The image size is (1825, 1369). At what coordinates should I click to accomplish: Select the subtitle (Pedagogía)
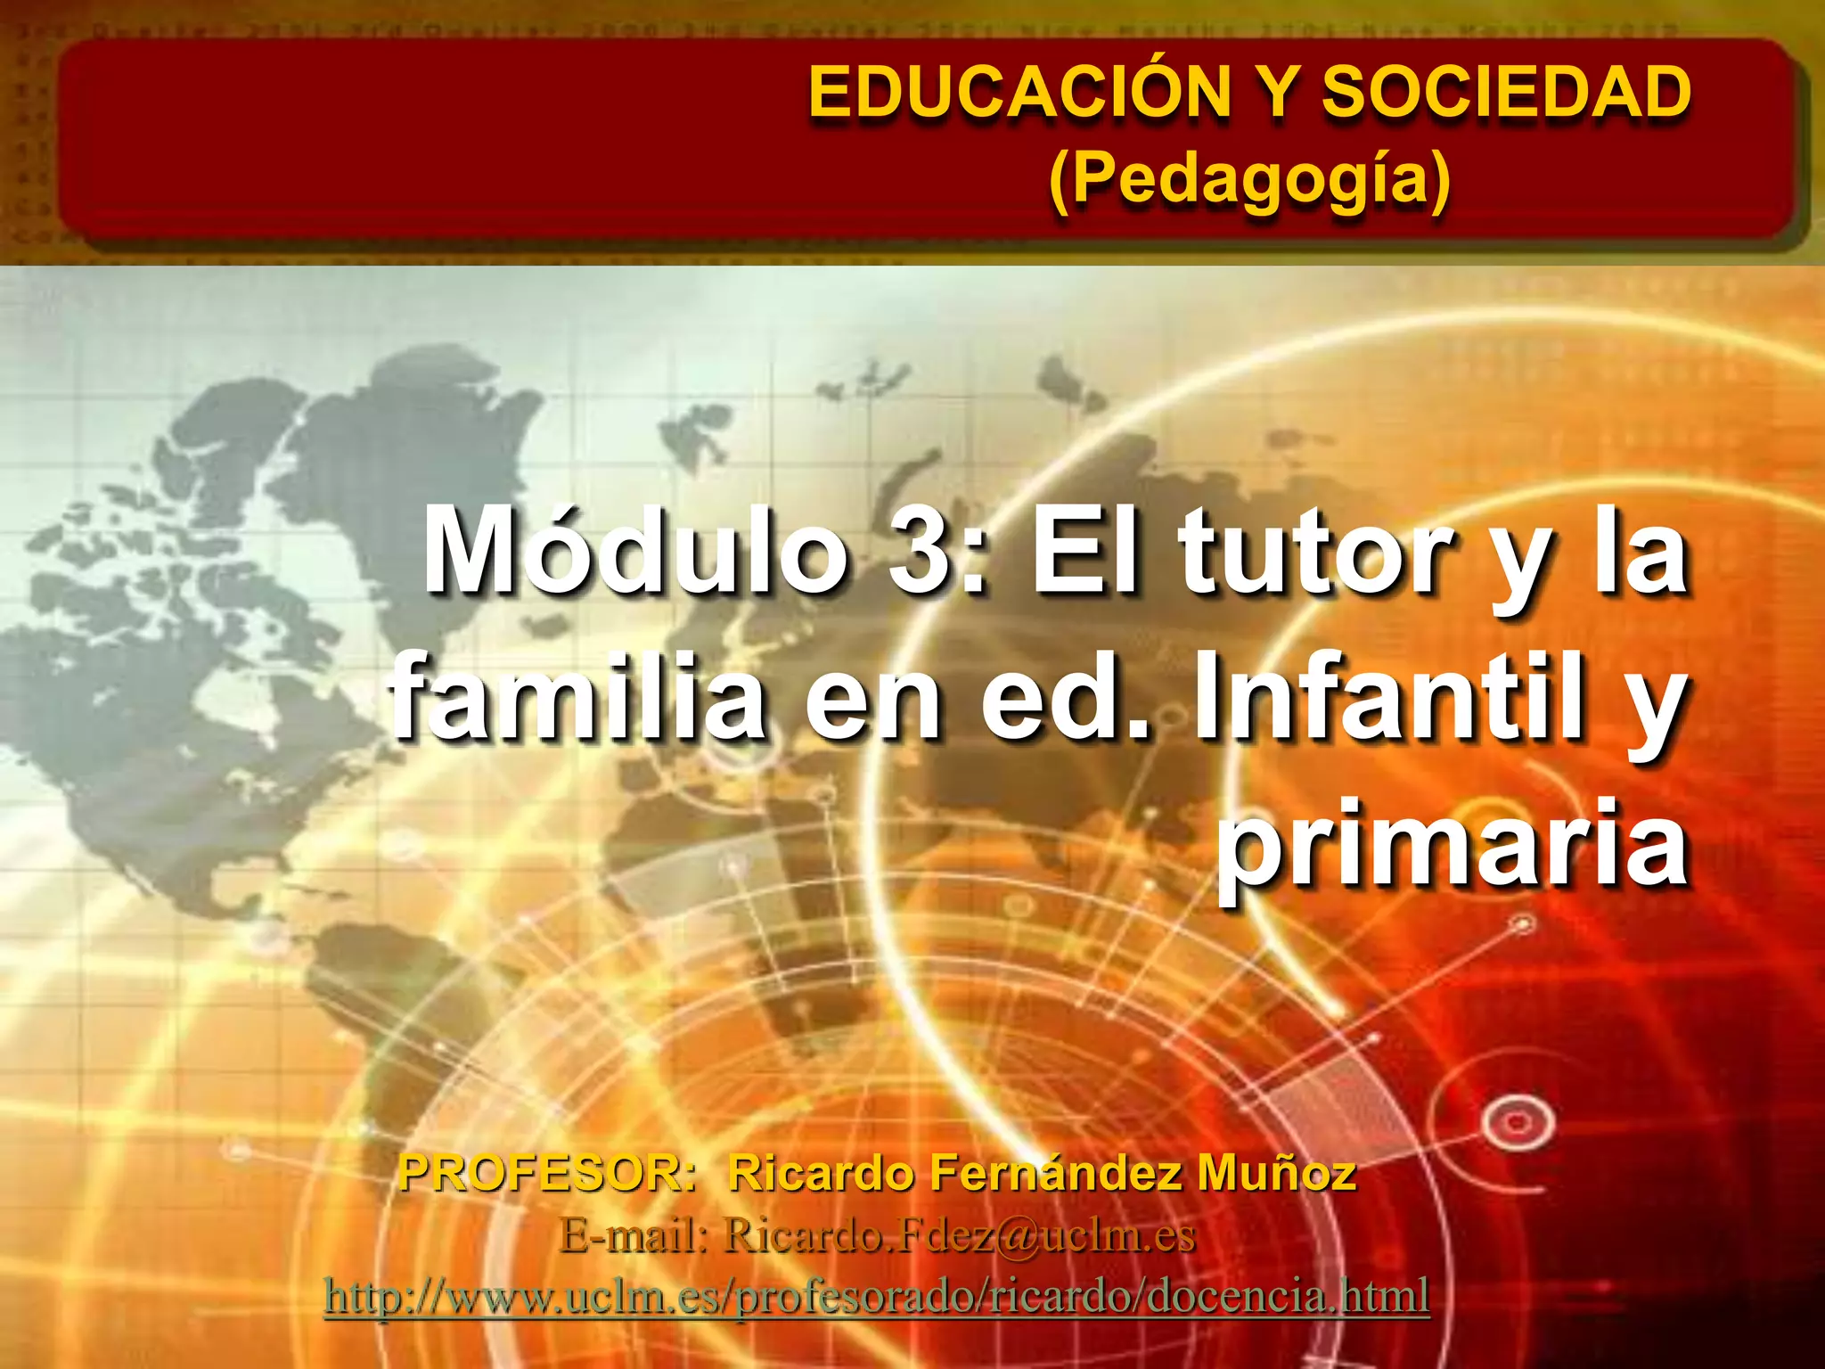[x=1249, y=178]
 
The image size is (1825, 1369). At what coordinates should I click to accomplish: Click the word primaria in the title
[x=1453, y=842]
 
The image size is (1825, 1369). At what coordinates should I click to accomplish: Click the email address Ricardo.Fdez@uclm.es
[x=959, y=1235]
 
